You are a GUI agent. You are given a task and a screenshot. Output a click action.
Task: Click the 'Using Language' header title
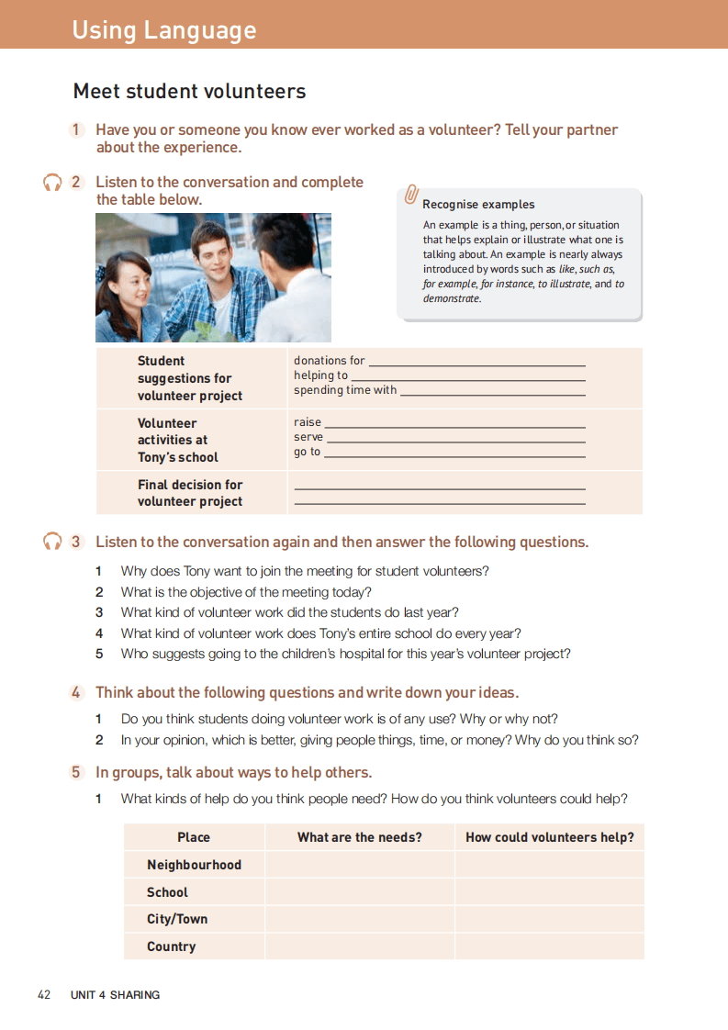tap(164, 30)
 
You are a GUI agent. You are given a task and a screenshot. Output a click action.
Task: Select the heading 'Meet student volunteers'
tap(189, 92)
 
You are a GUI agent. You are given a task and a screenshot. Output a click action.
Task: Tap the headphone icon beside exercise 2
tap(52, 183)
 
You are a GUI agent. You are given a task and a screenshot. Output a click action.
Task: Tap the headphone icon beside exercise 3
tap(52, 542)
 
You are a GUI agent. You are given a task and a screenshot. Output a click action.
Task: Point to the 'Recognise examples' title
tap(478, 205)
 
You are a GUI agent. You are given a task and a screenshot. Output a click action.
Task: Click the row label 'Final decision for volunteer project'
tap(190, 493)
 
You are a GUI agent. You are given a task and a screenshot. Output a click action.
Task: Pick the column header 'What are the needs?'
tap(359, 837)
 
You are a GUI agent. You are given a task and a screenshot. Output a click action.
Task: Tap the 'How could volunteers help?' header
tap(549, 837)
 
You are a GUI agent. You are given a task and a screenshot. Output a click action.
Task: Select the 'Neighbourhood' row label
tap(194, 865)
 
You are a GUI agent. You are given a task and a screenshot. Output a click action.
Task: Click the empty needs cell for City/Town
tap(359, 919)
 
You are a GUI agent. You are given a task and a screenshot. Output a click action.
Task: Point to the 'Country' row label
tap(171, 946)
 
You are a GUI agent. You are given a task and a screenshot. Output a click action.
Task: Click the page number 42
tap(44, 994)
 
